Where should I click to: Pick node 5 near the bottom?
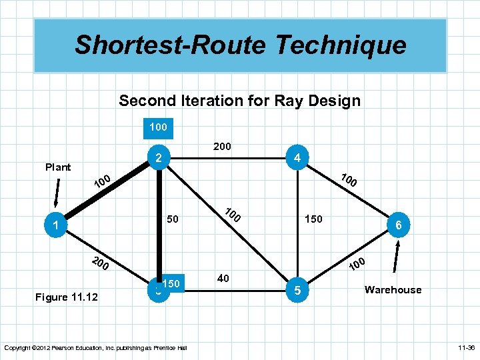(x=297, y=290)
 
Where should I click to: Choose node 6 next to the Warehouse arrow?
(x=398, y=226)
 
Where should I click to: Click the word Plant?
(x=58, y=167)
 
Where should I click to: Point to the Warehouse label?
(x=393, y=289)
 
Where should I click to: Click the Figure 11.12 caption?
(x=66, y=297)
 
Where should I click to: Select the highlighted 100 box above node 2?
(x=158, y=126)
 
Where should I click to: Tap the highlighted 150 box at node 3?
(x=171, y=283)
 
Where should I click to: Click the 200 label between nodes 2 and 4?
(x=222, y=146)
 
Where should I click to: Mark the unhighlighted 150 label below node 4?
(x=313, y=219)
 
